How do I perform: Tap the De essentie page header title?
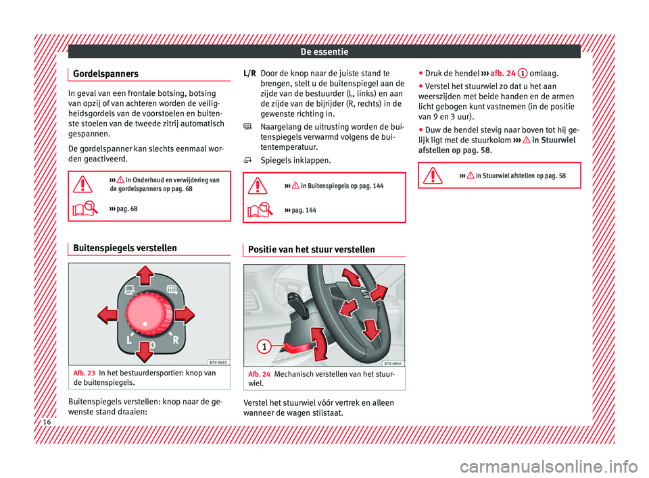click(x=324, y=51)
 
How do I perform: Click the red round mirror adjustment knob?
click(x=146, y=315)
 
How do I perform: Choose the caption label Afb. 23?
click(x=84, y=373)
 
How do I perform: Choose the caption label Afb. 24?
click(x=260, y=373)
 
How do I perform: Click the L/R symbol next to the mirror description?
click(x=249, y=73)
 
